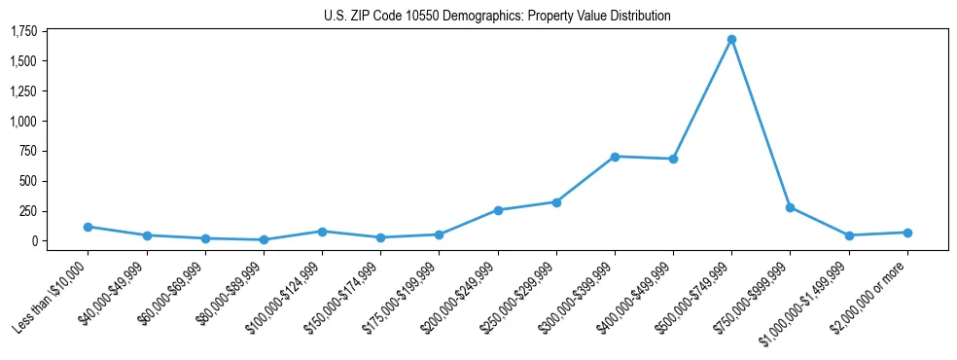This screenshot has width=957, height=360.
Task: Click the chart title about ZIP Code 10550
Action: [497, 16]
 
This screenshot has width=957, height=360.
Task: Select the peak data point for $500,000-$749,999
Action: [731, 40]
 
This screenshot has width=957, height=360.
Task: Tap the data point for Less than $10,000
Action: [88, 227]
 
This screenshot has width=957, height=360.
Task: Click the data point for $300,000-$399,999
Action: [615, 157]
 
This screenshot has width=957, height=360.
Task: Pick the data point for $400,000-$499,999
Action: [673, 159]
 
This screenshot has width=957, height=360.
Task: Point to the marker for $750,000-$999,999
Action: [790, 207]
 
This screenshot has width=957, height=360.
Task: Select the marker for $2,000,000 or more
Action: [907, 233]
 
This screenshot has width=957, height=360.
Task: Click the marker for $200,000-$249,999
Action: [498, 210]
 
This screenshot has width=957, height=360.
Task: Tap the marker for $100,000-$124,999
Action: [322, 232]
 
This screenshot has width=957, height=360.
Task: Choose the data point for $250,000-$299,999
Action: [556, 202]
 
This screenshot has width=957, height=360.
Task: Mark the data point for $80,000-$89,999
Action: [264, 239]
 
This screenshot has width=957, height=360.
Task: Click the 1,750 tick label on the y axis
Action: [23, 32]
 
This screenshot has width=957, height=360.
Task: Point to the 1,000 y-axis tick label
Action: [23, 122]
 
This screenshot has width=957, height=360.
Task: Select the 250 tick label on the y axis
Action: [27, 211]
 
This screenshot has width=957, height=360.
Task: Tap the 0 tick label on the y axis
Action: [33, 241]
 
